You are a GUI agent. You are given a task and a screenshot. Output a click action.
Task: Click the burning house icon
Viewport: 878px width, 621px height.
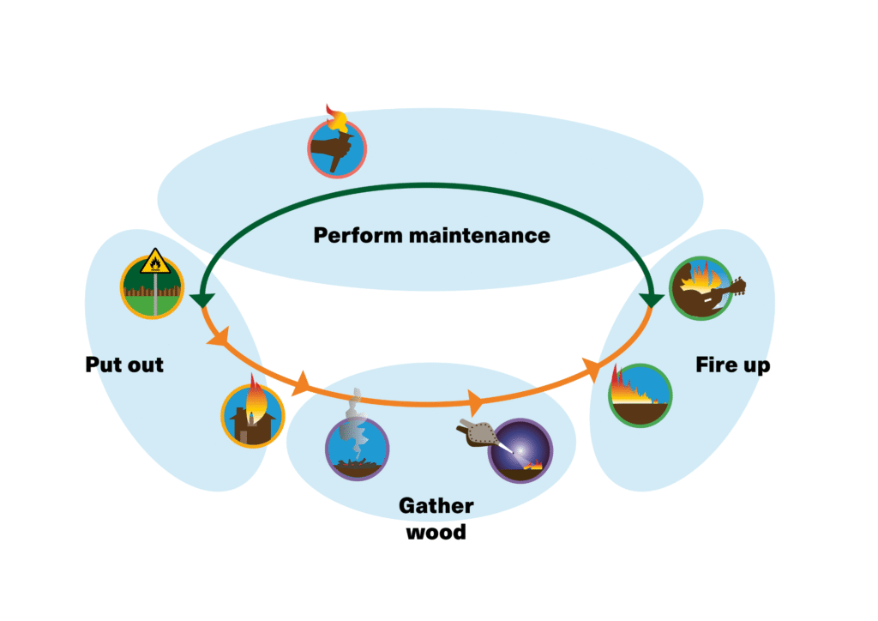[252, 416]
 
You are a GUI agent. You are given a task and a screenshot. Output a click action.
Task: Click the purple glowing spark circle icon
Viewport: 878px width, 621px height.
[520, 450]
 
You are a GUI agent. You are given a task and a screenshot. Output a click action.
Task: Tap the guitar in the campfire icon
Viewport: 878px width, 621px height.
[729, 290]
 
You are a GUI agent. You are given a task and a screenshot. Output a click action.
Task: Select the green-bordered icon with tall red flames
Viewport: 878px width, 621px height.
[640, 395]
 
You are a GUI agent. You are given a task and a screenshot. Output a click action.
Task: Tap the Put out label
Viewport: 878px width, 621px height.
[124, 365]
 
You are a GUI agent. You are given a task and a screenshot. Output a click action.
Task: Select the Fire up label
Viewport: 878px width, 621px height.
[732, 365]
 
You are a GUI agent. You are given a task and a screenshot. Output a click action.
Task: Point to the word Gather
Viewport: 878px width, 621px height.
[436, 506]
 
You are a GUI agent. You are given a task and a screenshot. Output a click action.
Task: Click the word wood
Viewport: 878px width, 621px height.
[436, 532]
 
